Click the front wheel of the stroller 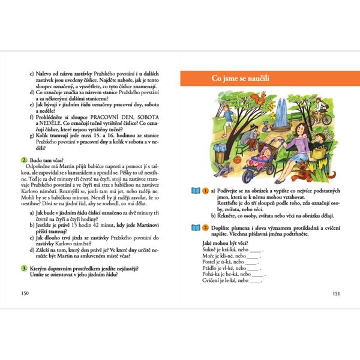250,174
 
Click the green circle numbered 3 23,268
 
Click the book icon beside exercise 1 194,191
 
